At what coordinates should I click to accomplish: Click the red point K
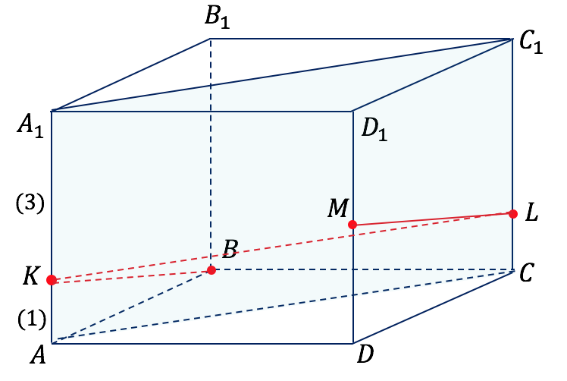[52, 280]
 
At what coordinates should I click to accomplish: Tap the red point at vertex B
[211, 270]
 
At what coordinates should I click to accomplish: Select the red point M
[352, 225]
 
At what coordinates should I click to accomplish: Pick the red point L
[512, 214]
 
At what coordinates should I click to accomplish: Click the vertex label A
[39, 354]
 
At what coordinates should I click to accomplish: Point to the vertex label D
[365, 354]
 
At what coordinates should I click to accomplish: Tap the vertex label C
[526, 272]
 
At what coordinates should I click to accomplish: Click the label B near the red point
[230, 249]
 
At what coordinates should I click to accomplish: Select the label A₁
[30, 127]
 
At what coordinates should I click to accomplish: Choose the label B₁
[217, 17]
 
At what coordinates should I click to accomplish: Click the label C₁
[531, 43]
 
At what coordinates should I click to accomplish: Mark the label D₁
[374, 130]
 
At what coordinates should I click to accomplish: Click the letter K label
[31, 276]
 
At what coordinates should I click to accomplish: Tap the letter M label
[338, 208]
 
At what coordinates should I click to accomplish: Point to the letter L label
[531, 213]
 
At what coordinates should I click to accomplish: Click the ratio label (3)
[30, 203]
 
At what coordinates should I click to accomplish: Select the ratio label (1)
[32, 320]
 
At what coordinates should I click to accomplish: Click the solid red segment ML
[433, 219]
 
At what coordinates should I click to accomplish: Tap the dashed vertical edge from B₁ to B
[211, 154]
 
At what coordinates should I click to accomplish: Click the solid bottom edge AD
[202, 343]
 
